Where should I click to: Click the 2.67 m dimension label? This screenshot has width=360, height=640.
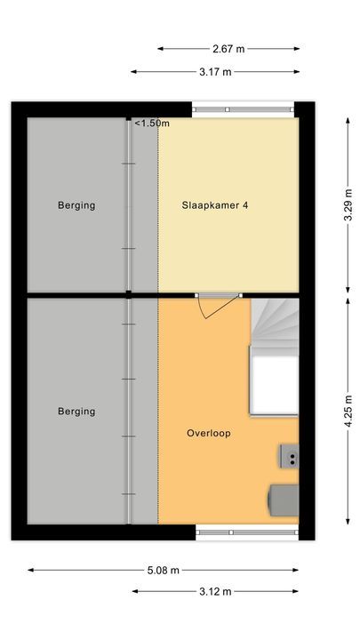[229, 49]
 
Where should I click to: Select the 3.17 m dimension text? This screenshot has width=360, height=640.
[215, 72]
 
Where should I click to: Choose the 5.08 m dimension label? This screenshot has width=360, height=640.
[163, 570]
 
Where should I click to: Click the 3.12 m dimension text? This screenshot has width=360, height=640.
[216, 591]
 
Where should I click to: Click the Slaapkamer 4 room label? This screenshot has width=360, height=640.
[214, 205]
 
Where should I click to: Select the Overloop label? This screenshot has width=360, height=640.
[209, 434]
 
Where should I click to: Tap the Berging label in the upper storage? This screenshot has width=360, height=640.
[76, 205]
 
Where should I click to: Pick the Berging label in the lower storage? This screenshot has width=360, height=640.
[76, 412]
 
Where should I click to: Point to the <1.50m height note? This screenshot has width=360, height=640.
[152, 124]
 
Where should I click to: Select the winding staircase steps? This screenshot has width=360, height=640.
[275, 324]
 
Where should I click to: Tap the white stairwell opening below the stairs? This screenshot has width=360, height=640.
[274, 385]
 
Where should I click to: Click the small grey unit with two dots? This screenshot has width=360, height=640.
[289, 457]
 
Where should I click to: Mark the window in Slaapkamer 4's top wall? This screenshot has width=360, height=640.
[244, 110]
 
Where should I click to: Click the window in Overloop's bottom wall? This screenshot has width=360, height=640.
[245, 532]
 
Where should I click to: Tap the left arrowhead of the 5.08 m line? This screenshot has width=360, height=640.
[29, 570]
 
